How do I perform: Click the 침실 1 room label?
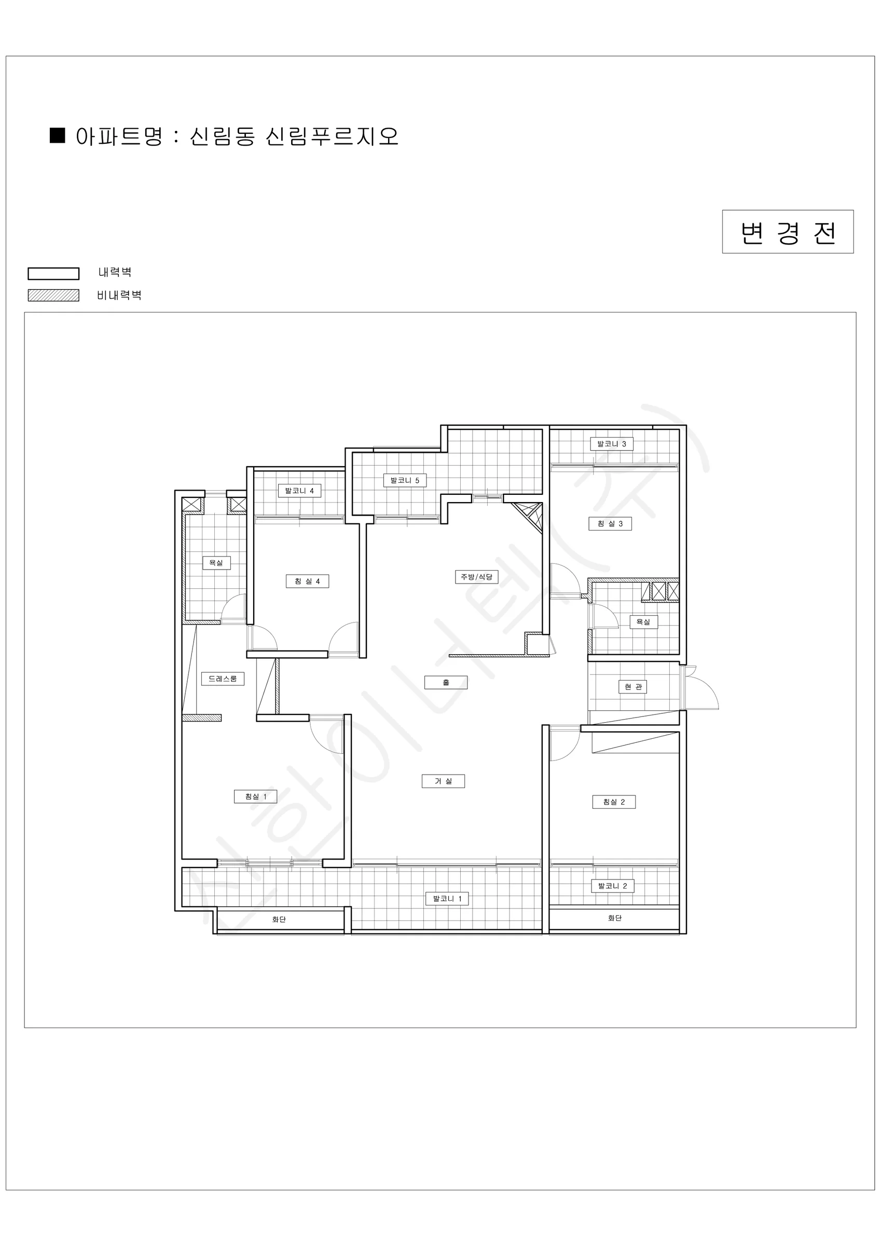click(x=255, y=796)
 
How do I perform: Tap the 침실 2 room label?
click(x=614, y=802)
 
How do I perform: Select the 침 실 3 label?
click(x=610, y=524)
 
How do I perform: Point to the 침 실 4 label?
click(x=308, y=581)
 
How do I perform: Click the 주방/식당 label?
click(x=477, y=577)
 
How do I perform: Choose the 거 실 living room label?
click(x=443, y=781)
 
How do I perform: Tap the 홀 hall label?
click(x=446, y=683)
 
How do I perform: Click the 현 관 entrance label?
click(x=632, y=687)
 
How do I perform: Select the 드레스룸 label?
click(x=223, y=679)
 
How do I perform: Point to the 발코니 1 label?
click(x=447, y=899)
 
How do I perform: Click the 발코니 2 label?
click(x=612, y=886)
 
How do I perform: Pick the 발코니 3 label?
click(x=612, y=444)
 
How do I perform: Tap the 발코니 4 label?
click(x=299, y=491)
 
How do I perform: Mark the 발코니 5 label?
click(x=405, y=480)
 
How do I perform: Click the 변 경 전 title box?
click(x=788, y=232)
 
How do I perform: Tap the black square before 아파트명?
click(x=58, y=135)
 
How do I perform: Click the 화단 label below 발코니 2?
click(x=615, y=918)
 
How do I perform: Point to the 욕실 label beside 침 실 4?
click(x=216, y=563)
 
